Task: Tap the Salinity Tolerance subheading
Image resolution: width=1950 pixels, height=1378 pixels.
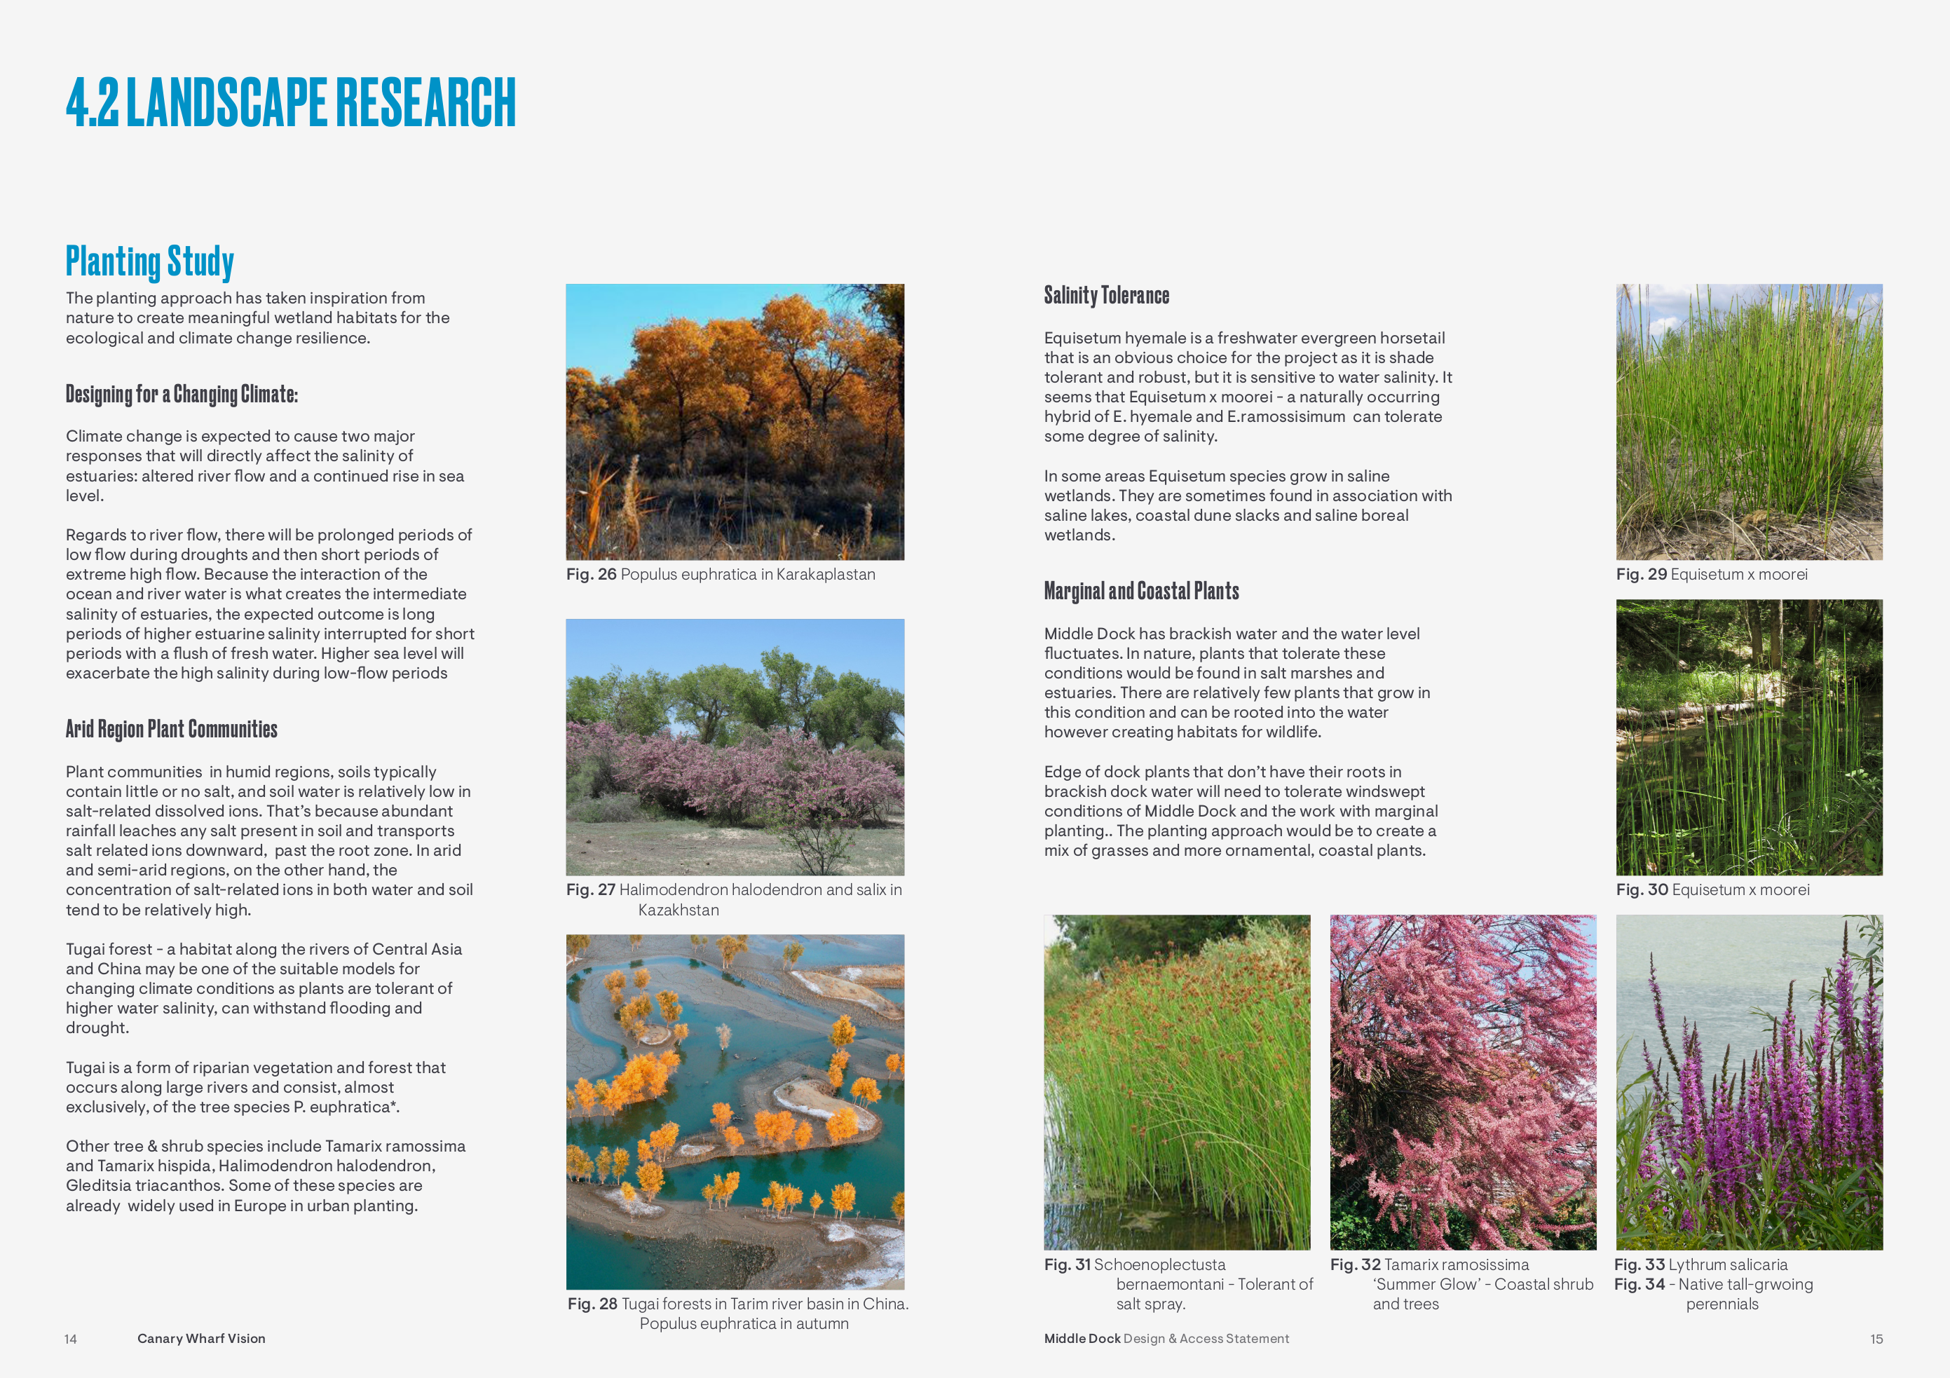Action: pos(1106,296)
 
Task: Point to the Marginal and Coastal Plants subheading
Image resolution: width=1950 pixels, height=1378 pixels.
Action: pos(1140,591)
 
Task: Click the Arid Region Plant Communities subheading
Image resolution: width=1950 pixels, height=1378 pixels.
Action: pos(172,730)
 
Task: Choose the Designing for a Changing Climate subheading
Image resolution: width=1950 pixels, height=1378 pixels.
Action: pos(182,395)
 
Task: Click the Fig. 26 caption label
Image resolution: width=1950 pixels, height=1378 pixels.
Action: pos(591,575)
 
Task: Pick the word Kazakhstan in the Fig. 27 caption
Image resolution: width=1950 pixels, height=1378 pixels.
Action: pos(678,910)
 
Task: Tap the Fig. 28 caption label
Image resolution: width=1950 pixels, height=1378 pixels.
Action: pos(592,1304)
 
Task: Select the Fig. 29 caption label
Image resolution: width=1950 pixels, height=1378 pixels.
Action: pos(1641,575)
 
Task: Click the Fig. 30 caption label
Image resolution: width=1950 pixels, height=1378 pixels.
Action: pos(1642,889)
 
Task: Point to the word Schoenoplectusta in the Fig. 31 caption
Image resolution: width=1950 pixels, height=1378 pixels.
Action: pos(1159,1265)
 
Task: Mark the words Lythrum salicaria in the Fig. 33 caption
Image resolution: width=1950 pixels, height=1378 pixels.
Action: pos(1728,1265)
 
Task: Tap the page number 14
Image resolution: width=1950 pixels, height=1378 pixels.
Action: pos(71,1339)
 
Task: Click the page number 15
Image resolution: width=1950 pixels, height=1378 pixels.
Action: pos(1876,1339)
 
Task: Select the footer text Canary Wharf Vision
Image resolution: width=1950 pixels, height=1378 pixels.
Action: pos(201,1339)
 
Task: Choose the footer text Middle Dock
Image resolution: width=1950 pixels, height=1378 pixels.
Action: pos(1082,1339)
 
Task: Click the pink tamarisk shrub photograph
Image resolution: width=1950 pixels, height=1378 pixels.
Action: pos(1462,1082)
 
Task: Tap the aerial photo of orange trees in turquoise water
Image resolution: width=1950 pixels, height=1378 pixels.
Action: pos(735,1112)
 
